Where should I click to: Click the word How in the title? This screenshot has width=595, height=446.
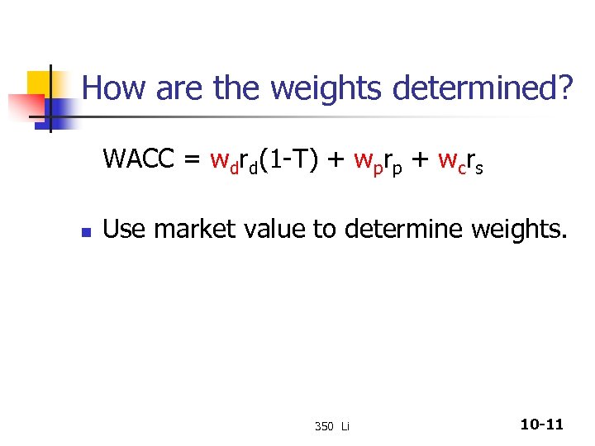pyautogui.click(x=109, y=87)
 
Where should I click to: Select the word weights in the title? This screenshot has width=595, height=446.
pyautogui.click(x=321, y=87)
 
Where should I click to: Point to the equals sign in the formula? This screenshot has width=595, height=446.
pyautogui.click(x=192, y=159)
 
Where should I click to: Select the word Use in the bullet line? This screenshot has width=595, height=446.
pyautogui.click(x=125, y=228)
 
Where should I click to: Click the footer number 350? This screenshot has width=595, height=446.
pyautogui.click(x=323, y=426)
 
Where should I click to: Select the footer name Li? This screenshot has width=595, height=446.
pyautogui.click(x=345, y=426)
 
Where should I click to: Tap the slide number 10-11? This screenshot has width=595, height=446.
pyautogui.click(x=541, y=425)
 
